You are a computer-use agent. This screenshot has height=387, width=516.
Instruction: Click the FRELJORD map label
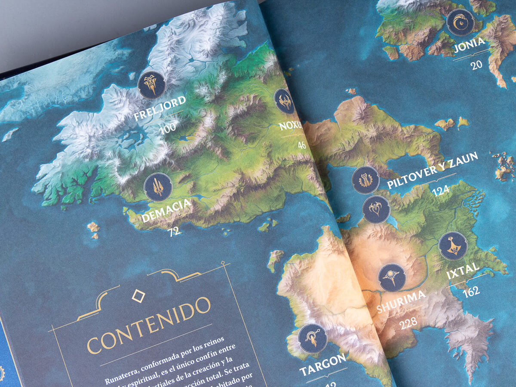(160, 109)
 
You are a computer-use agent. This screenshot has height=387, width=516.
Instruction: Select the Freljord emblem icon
(152, 85)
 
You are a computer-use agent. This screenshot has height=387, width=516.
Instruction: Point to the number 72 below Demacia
(174, 232)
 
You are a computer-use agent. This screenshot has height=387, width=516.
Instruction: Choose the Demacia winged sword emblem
(158, 187)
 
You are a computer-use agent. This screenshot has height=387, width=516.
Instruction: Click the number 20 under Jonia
(476, 65)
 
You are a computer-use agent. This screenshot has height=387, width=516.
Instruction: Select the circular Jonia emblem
(461, 22)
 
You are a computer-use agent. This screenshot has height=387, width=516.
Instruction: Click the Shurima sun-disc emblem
(392, 277)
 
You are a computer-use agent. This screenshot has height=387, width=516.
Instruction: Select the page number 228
(408, 323)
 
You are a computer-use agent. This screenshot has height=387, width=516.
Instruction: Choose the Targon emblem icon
(313, 338)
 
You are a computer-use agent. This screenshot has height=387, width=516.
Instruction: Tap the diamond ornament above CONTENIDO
(138, 295)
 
